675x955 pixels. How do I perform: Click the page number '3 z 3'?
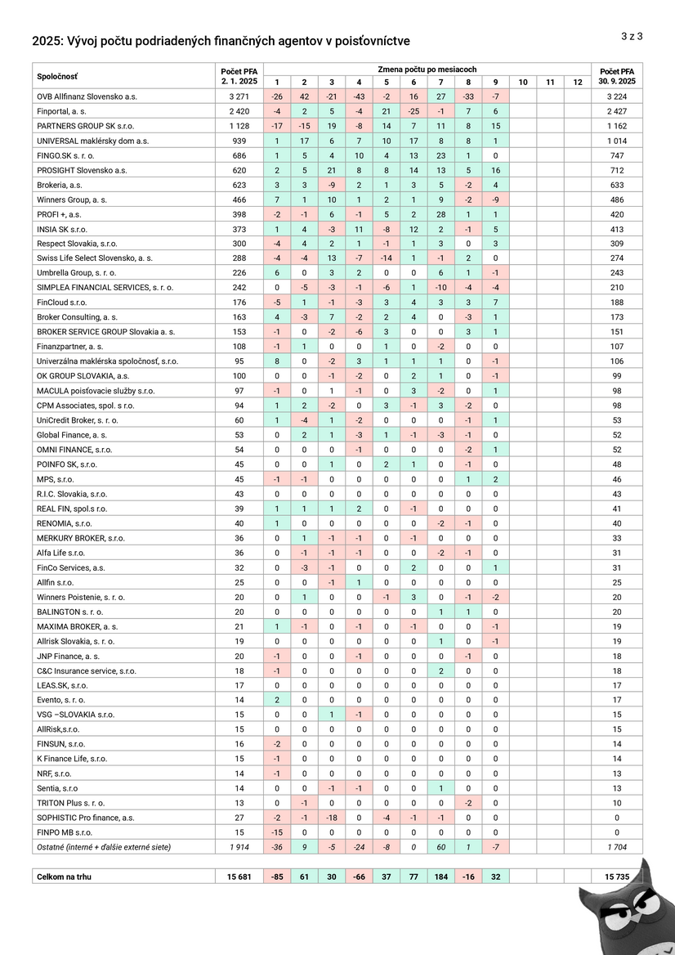tap(632, 36)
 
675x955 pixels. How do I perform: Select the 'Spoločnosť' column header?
tap(56, 76)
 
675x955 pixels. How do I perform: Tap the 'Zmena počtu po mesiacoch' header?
tap(427, 69)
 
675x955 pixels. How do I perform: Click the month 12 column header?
tap(578, 82)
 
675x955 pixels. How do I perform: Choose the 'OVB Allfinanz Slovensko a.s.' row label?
tap(87, 96)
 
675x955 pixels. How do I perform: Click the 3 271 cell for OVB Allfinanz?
tap(239, 96)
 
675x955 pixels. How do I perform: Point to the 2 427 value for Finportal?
tap(616, 111)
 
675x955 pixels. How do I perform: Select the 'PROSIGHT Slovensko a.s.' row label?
tap(82, 170)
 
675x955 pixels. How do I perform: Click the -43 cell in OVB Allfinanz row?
tap(359, 96)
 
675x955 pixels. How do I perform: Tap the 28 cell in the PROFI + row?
tap(441, 214)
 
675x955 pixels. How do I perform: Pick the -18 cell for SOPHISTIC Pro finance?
tap(331, 818)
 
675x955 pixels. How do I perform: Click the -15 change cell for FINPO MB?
tap(276, 832)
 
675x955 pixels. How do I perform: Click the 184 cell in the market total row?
tap(441, 877)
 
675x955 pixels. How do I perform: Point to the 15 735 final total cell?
tap(616, 877)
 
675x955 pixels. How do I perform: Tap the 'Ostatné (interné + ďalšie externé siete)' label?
tap(104, 847)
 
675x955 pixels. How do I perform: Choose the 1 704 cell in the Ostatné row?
tap(616, 847)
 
